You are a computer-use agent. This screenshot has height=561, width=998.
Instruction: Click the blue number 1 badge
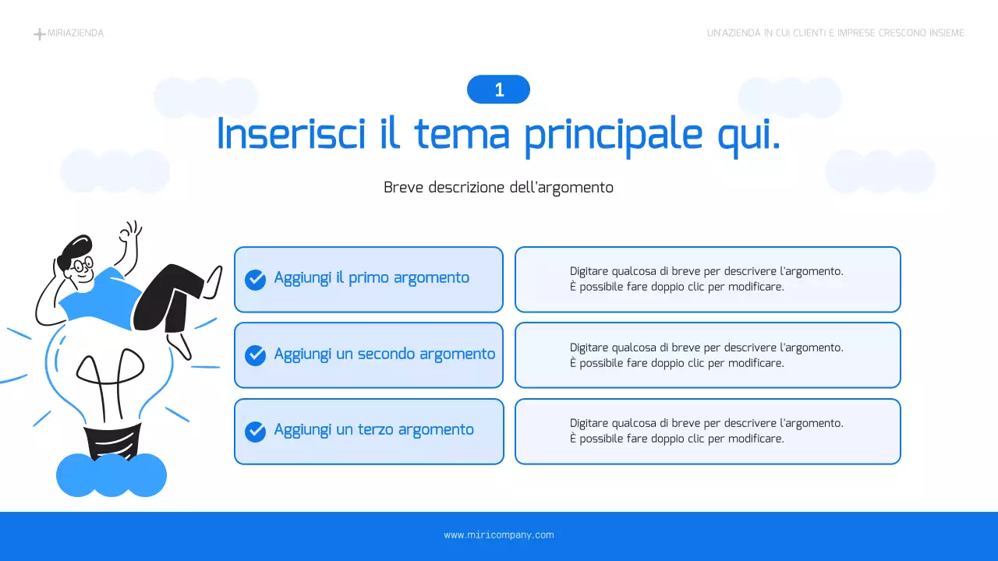pos(498,90)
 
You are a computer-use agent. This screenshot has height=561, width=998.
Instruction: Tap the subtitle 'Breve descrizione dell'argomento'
pos(498,188)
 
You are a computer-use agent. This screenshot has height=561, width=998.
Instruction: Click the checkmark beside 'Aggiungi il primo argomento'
pos(255,279)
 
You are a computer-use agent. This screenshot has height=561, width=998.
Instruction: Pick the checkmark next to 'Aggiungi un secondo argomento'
pos(255,355)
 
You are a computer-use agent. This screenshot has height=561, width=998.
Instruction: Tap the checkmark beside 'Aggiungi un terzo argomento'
pos(255,431)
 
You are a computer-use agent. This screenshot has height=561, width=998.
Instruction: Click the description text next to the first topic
pos(706,279)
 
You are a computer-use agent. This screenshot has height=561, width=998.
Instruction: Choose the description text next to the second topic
pos(706,355)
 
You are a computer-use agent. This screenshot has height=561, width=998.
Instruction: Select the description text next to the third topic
pos(706,431)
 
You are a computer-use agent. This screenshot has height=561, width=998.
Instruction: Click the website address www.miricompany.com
pos(499,535)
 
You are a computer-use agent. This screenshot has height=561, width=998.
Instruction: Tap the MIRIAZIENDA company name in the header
pos(76,34)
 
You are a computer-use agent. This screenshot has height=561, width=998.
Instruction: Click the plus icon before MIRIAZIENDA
pos(39,34)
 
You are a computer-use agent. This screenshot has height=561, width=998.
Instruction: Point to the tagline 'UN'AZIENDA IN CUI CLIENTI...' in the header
pos(835,34)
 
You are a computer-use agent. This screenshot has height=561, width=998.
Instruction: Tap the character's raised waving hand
pos(130,232)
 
